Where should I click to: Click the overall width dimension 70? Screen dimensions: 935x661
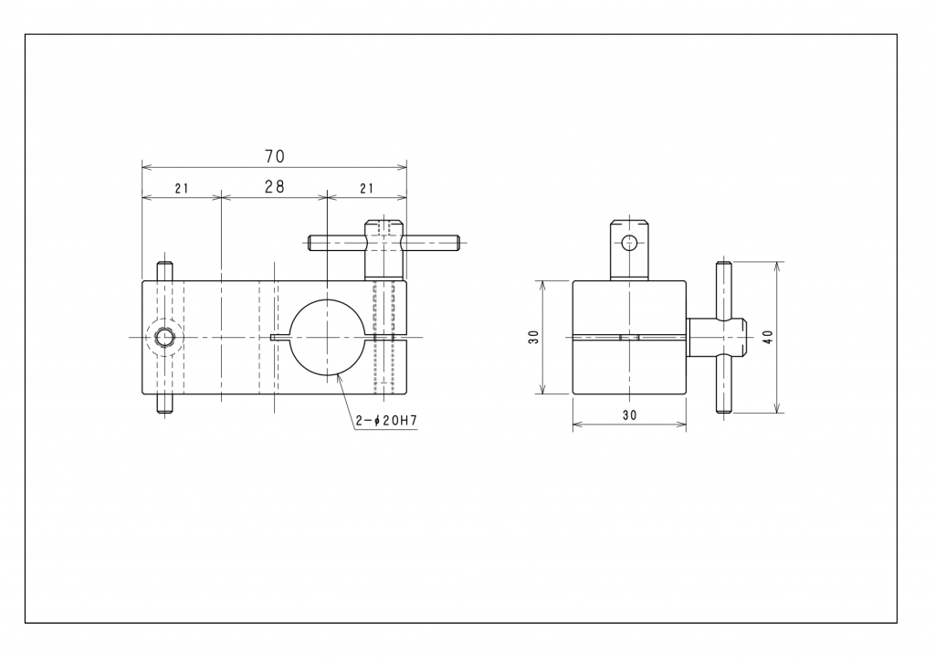point(275,157)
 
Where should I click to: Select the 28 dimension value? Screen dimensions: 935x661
point(275,187)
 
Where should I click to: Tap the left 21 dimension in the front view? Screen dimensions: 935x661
point(182,189)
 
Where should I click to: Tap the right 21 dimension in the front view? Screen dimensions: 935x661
point(367,189)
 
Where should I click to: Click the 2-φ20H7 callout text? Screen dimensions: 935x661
point(386,421)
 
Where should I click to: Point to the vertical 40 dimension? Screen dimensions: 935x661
point(768,337)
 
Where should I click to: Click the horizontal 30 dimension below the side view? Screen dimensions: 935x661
point(630,415)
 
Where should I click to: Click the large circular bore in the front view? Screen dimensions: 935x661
point(328,338)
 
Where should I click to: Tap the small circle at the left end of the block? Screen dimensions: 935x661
point(163,338)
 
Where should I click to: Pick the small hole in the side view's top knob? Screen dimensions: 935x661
point(629,243)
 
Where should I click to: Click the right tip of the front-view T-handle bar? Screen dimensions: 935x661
point(459,243)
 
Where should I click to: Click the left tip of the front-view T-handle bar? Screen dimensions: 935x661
point(309,243)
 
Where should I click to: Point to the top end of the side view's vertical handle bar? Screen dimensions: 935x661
point(723,263)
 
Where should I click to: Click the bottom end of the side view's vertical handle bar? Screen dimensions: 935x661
point(723,411)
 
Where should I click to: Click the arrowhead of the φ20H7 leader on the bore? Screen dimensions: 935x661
point(337,375)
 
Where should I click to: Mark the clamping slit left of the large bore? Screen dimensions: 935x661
point(279,338)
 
